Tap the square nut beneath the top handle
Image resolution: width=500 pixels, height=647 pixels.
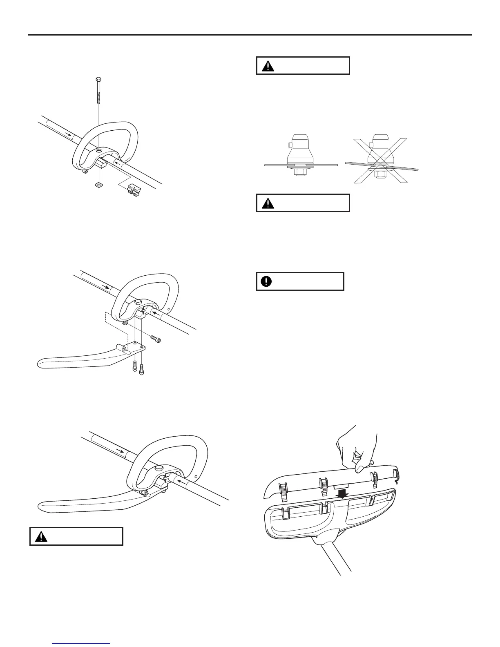(98, 185)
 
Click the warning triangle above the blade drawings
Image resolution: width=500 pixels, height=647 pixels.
(268, 66)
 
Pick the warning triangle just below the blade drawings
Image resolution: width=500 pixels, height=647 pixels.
(268, 203)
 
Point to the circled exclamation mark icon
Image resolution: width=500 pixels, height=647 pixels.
(266, 281)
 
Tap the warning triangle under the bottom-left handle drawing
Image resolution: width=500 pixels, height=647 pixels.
(41, 537)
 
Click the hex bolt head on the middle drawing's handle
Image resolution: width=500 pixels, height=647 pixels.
(138, 303)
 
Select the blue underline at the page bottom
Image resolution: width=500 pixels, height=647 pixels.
(81, 644)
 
